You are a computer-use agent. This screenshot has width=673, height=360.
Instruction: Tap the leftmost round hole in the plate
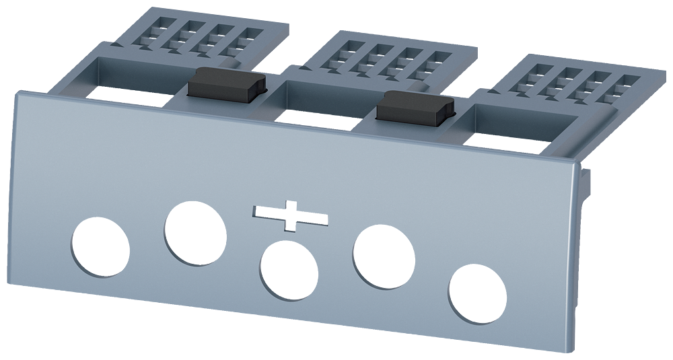click(x=100, y=247)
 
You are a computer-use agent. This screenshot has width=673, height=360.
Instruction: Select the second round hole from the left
click(x=195, y=233)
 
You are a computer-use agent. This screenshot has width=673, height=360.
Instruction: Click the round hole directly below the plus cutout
click(x=289, y=271)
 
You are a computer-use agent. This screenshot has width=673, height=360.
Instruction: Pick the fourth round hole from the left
click(x=384, y=258)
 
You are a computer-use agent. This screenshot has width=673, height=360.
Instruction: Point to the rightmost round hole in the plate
click(x=478, y=293)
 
